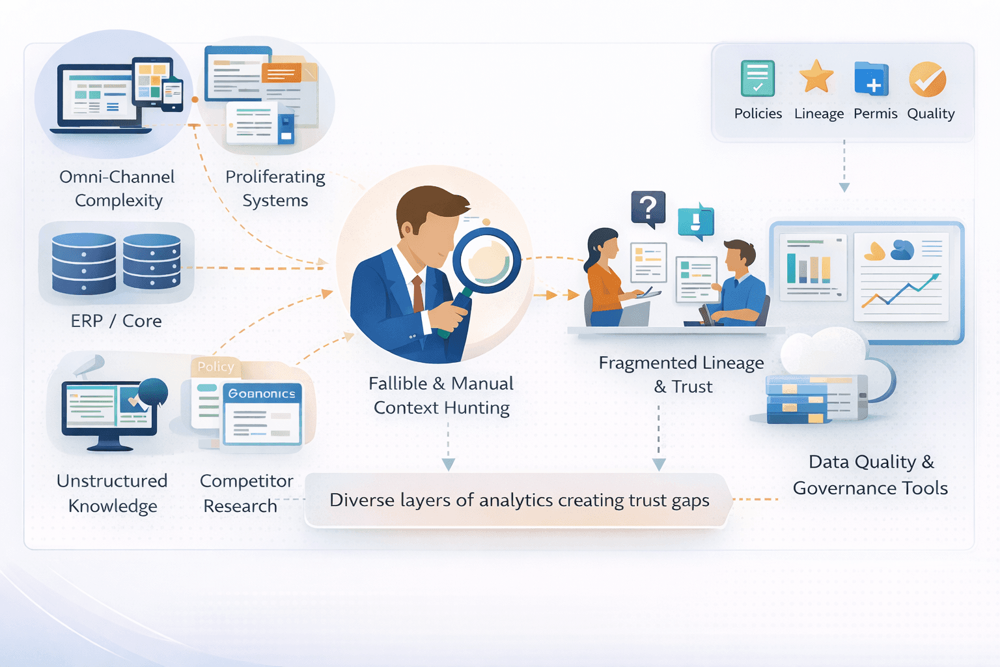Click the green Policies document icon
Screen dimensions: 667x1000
(x=757, y=79)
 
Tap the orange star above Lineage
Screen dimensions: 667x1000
(x=816, y=77)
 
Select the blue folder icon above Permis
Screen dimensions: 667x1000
(x=872, y=79)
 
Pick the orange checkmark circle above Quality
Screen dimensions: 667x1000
(x=928, y=79)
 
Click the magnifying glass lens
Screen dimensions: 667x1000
(x=487, y=259)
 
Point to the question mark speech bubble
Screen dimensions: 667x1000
(x=648, y=208)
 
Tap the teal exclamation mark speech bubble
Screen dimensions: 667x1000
(x=695, y=221)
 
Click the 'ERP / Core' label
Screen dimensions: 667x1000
(x=117, y=321)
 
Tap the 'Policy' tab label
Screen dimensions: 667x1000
(x=215, y=367)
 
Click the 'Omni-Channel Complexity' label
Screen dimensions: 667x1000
(x=117, y=188)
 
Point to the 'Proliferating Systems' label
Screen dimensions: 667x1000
(x=275, y=188)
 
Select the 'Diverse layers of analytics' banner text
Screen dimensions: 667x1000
(x=519, y=500)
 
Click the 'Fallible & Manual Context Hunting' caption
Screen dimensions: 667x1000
(x=441, y=395)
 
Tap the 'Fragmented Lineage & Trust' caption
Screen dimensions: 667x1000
(x=682, y=375)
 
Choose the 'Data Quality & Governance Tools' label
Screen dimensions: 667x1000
(x=870, y=475)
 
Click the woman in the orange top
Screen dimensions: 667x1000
(x=605, y=280)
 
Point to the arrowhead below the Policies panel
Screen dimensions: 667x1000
(x=844, y=188)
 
